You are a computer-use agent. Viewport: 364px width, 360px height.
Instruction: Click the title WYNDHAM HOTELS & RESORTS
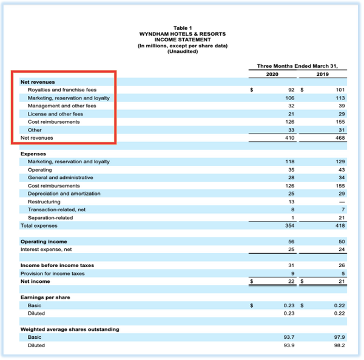coord(182,33)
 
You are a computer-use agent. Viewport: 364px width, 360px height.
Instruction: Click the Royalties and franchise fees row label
coord(62,90)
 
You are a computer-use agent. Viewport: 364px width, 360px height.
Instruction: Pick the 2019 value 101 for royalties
coord(339,90)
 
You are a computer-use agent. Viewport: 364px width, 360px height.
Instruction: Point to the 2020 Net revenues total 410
coord(289,138)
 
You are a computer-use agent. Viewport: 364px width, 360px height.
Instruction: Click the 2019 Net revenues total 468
coord(339,138)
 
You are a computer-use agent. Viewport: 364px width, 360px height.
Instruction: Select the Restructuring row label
coord(44,202)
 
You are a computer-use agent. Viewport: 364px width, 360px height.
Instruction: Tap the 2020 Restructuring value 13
coord(291,202)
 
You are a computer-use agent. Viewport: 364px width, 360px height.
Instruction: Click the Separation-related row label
coord(50,217)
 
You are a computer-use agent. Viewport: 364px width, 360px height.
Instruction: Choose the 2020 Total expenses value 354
coord(289,225)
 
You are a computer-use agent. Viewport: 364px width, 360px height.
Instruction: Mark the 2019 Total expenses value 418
coord(339,225)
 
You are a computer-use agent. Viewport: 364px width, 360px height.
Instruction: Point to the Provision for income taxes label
coord(53,273)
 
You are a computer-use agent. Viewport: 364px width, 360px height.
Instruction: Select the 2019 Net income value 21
coord(341,282)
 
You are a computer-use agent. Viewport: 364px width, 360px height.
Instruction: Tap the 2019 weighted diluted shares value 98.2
coord(339,345)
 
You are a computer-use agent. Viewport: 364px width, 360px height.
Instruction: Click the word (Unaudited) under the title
coord(182,51)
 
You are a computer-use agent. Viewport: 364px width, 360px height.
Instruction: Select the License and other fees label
coord(55,114)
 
